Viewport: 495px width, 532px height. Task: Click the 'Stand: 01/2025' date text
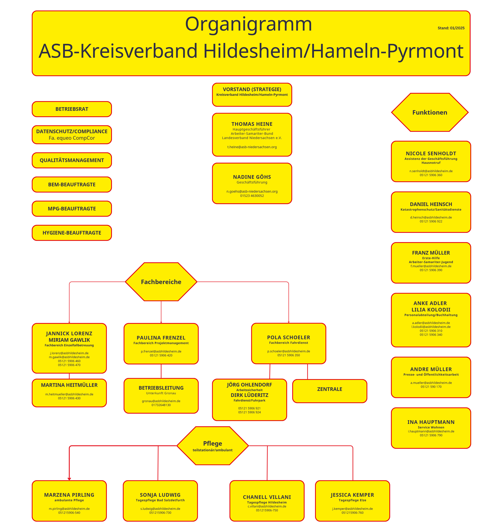point(451,28)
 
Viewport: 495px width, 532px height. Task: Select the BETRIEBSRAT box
point(72,109)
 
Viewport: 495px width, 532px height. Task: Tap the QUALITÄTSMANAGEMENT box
point(72,160)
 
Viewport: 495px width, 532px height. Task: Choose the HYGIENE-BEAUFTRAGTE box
point(72,233)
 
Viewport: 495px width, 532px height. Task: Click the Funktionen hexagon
point(430,112)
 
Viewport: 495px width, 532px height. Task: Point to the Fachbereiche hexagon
point(161,282)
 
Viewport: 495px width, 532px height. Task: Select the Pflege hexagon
point(213,446)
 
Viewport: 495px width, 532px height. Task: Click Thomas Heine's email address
point(252,147)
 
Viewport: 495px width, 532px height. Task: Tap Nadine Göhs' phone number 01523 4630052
point(252,196)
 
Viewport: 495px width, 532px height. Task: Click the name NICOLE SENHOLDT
point(431,154)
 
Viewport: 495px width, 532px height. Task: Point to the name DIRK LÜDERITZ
point(249,395)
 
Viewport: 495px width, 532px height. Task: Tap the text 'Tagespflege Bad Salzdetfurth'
point(160,500)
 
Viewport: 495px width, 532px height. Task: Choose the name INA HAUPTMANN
point(431,422)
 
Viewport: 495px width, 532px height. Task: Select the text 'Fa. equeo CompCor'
point(72,138)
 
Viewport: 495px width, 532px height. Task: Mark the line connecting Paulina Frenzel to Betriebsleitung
point(161,371)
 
